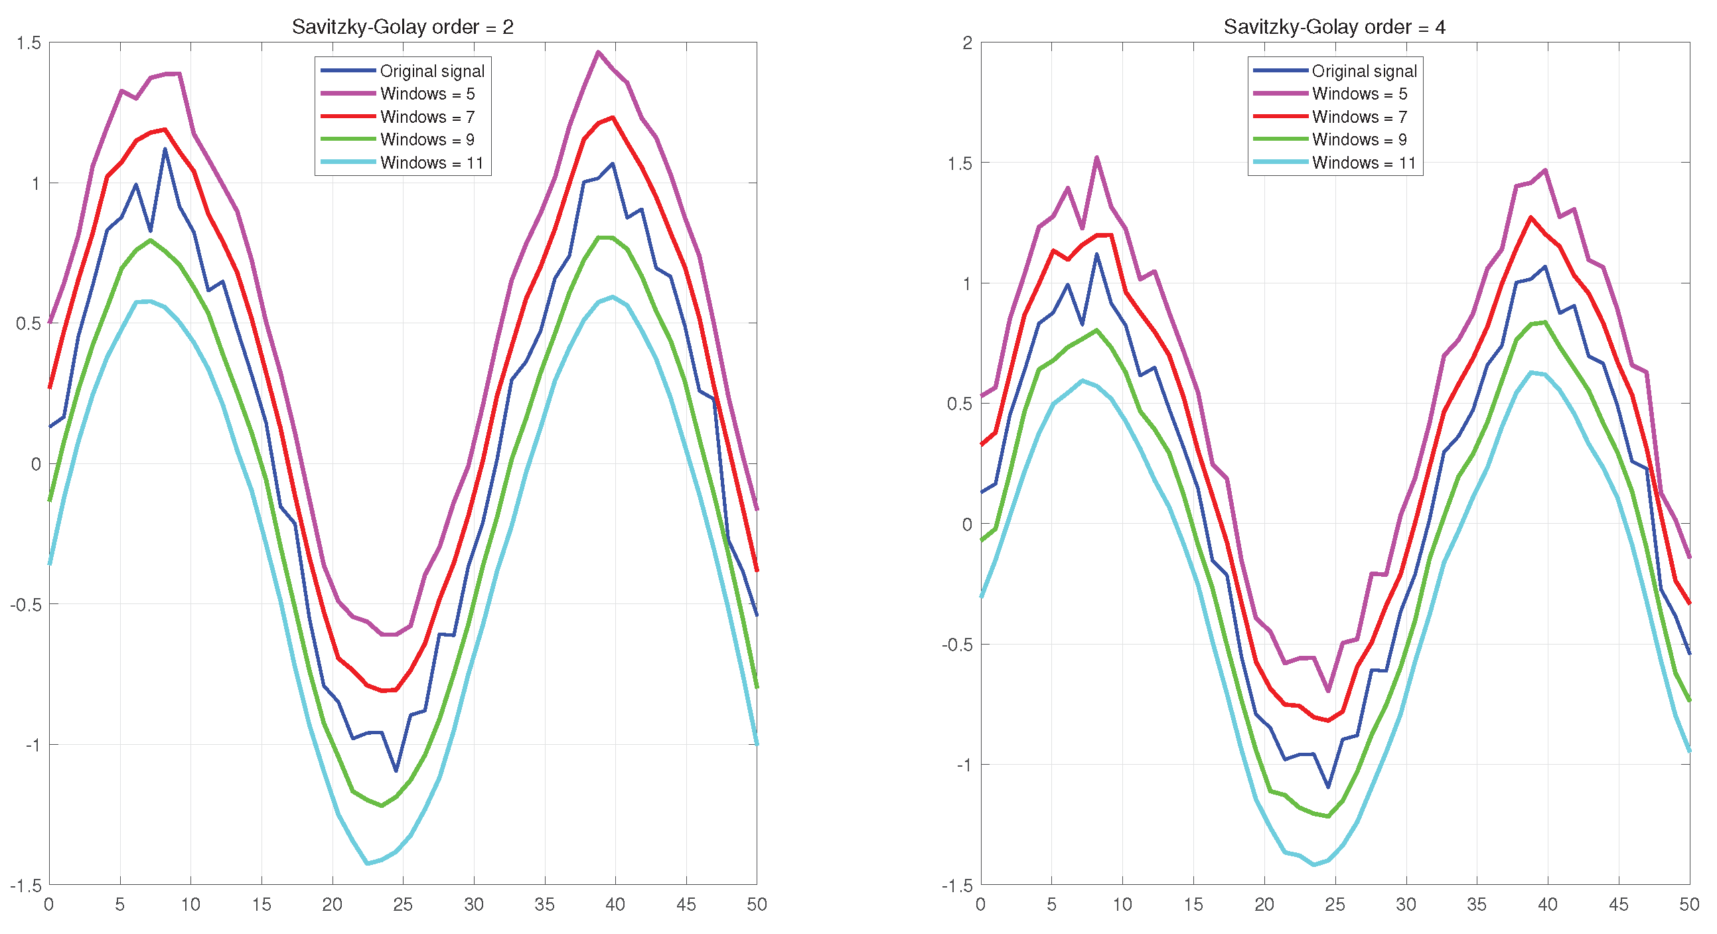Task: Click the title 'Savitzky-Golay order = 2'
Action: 403,27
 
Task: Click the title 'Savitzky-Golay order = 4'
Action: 1335,27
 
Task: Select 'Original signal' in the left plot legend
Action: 432,71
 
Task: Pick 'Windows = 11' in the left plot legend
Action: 431,163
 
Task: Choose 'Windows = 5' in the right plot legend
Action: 1359,94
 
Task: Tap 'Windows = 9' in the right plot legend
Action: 1359,139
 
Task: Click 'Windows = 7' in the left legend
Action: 427,117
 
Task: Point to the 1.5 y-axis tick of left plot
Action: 29,43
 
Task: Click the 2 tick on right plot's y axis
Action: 967,43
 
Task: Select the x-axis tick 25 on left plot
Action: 403,905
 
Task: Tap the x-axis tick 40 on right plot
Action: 1547,905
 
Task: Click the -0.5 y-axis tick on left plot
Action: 25,605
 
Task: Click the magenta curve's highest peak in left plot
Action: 598,52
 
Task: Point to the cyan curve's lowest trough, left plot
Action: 366,864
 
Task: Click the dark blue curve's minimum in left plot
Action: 396,771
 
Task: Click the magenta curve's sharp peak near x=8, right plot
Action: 1096,157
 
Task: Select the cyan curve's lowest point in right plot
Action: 1313,865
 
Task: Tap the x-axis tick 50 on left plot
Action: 757,905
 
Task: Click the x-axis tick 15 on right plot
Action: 1193,905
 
